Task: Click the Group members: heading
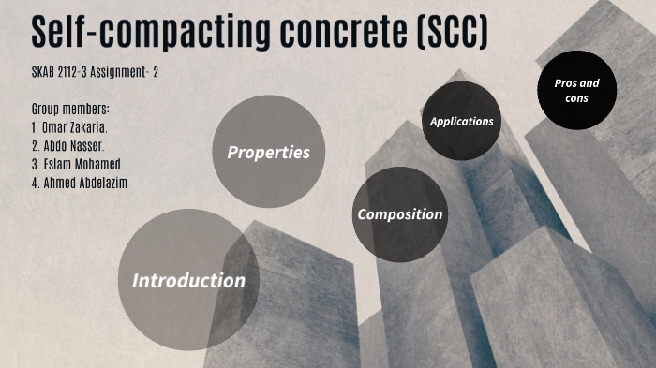pyautogui.click(x=71, y=109)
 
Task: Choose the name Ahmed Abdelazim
pyautogui.click(x=85, y=183)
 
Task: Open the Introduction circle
pyautogui.click(x=188, y=279)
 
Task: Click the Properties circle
pyautogui.click(x=268, y=152)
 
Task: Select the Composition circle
pyautogui.click(x=399, y=213)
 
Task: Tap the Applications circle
pyautogui.click(x=461, y=121)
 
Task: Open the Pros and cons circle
pyautogui.click(x=576, y=90)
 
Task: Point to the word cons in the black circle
pyautogui.click(x=576, y=98)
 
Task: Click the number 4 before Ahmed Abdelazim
pyautogui.click(x=35, y=183)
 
